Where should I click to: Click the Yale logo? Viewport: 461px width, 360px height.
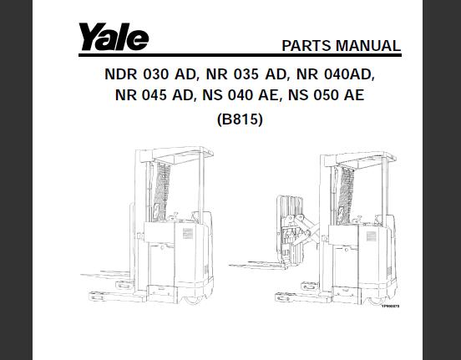[114, 37]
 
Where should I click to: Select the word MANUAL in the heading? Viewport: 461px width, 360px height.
[368, 46]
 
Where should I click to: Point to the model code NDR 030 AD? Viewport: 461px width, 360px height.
[150, 74]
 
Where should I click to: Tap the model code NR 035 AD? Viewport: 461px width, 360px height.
[246, 74]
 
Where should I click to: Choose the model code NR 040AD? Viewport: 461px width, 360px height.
[335, 74]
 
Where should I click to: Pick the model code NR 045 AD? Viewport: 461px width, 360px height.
[154, 95]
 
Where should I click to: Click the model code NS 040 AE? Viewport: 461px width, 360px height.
[240, 95]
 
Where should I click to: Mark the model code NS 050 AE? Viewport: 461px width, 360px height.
[326, 95]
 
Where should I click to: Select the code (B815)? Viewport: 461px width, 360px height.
[240, 119]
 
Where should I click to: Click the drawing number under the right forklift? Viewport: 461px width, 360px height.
[391, 307]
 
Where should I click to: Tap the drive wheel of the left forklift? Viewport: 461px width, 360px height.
[194, 300]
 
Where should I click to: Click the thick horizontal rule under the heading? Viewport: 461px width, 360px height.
[240, 55]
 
